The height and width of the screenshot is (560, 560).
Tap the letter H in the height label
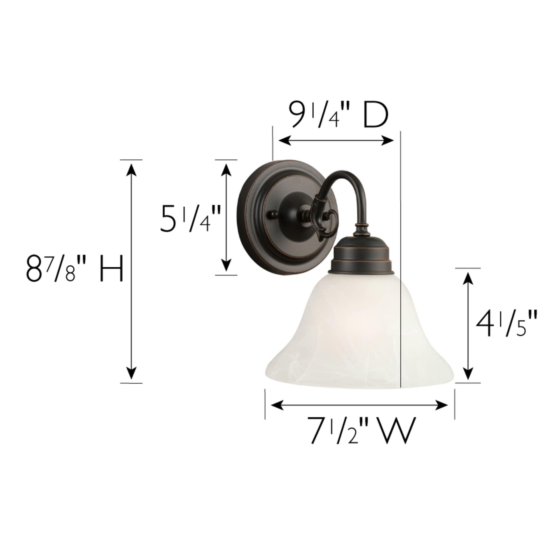coord(112,268)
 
